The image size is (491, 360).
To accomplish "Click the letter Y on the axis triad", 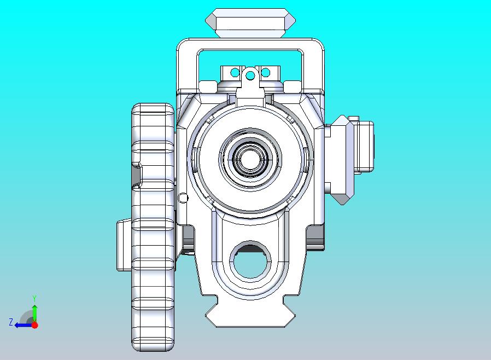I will [34, 298].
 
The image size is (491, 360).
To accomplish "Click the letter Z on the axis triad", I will [10, 322].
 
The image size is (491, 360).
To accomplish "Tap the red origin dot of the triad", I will [34, 325].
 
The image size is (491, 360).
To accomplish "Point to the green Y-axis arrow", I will [34, 312].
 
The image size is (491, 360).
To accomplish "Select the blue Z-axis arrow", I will [22, 325].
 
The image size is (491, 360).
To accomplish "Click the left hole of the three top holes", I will [235, 72].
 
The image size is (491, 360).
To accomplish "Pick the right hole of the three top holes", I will [266, 72].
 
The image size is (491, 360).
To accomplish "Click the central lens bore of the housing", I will [251, 159].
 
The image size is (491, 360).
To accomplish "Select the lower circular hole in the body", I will [251, 259].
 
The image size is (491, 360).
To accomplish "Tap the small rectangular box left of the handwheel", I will [124, 245].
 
